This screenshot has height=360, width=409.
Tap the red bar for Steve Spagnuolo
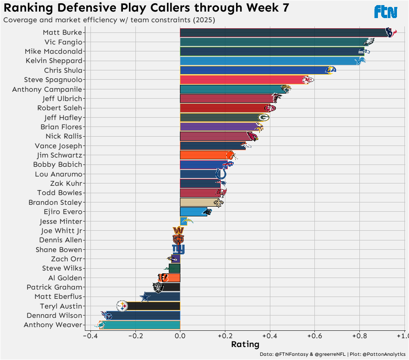(x=241, y=80)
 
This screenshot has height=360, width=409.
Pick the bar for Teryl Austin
(x=153, y=306)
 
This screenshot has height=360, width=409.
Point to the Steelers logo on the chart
(x=121, y=306)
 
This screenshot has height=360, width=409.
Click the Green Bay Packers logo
(x=263, y=117)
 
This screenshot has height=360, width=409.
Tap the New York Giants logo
(x=178, y=249)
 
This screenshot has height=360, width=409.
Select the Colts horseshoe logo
(x=221, y=174)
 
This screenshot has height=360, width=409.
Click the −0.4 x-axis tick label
(x=90, y=335)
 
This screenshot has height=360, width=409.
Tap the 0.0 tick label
(x=180, y=335)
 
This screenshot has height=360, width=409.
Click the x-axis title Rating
(x=245, y=345)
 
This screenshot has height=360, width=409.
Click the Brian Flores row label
(x=61, y=127)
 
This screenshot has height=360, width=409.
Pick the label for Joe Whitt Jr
(x=62, y=231)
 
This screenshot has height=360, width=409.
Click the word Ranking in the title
(x=31, y=8)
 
